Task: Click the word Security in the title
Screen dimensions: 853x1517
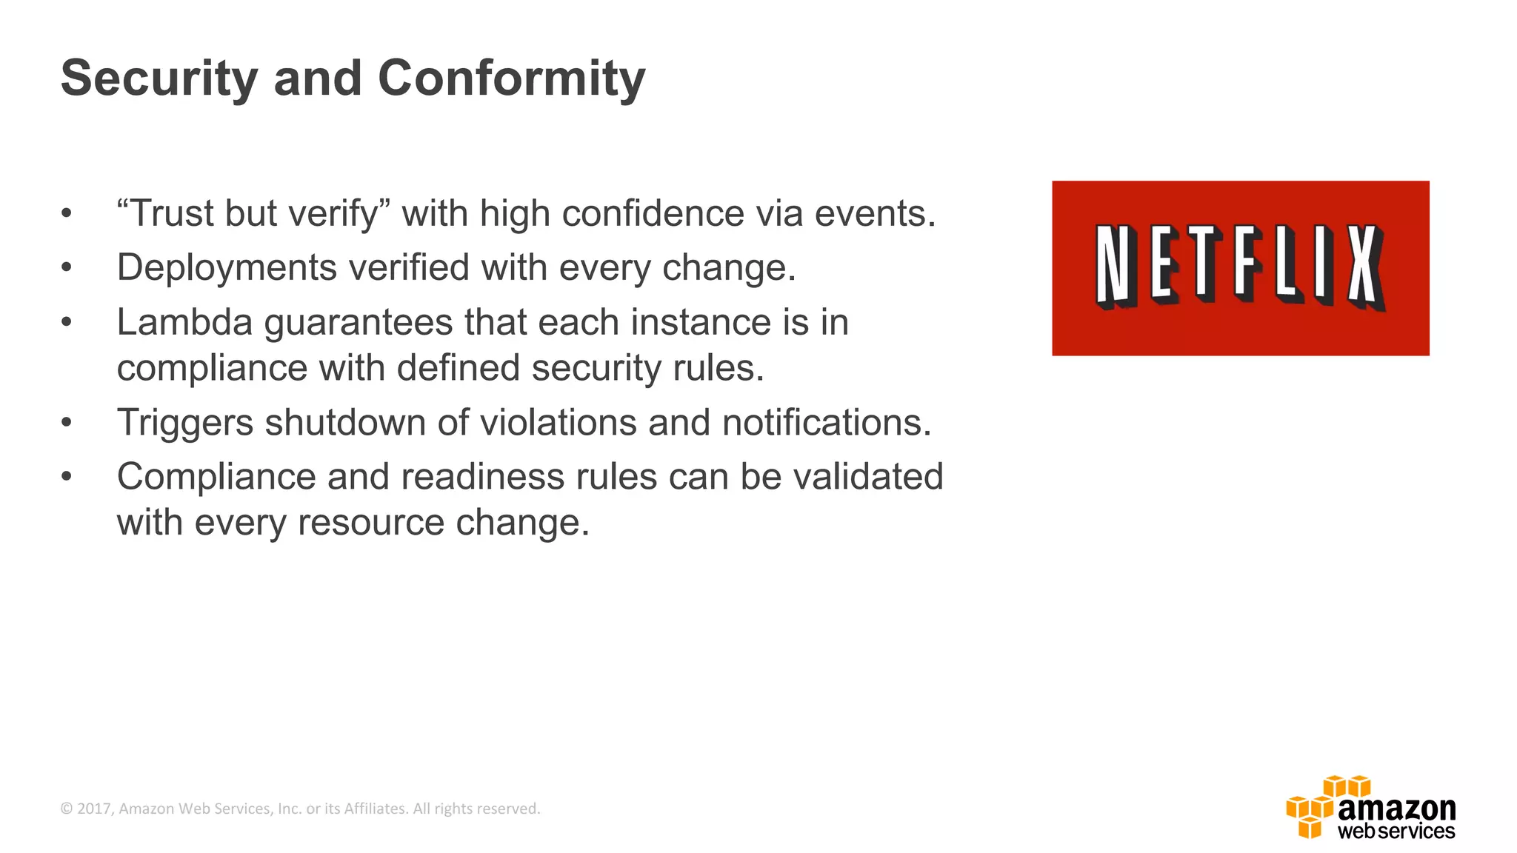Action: tap(159, 78)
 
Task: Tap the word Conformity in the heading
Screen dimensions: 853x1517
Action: tap(511, 78)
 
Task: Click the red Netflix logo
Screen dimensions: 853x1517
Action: tap(1240, 268)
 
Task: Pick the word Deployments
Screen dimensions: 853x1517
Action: tap(226, 267)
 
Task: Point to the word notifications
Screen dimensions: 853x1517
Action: tap(826, 423)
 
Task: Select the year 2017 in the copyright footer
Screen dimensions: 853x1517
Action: tap(93, 809)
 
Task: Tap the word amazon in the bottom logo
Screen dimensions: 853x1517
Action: tap(1396, 807)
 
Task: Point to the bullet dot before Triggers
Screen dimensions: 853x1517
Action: tap(67, 423)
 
